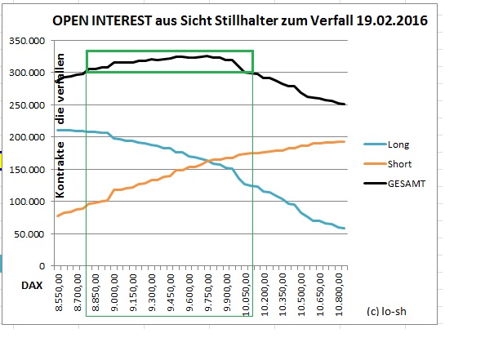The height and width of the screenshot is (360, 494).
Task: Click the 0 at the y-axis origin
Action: click(x=43, y=266)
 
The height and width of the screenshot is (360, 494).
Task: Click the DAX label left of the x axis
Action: click(x=31, y=287)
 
